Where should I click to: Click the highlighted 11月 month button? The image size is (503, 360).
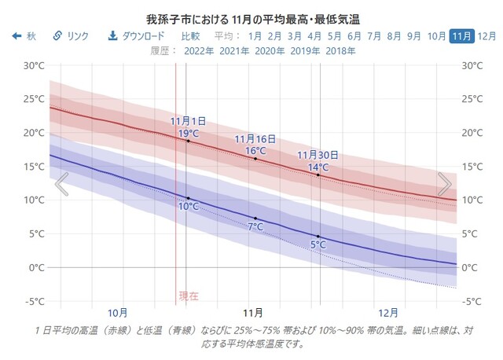[462, 36]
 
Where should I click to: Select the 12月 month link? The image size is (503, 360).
[487, 36]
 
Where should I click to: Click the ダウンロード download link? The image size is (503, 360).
[137, 36]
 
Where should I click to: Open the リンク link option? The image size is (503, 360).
[71, 36]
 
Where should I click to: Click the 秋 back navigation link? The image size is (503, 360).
[24, 36]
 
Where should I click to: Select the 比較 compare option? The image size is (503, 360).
[190, 36]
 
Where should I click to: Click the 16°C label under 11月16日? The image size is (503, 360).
[255, 150]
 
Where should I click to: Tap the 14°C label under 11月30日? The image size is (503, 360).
[318, 167]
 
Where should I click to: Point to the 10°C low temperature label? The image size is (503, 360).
[188, 207]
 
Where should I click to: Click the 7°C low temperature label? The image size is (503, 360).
[255, 226]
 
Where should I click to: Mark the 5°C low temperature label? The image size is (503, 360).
[318, 244]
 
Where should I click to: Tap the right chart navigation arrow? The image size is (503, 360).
[444, 184]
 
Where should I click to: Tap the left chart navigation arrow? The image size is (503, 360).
[61, 184]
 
